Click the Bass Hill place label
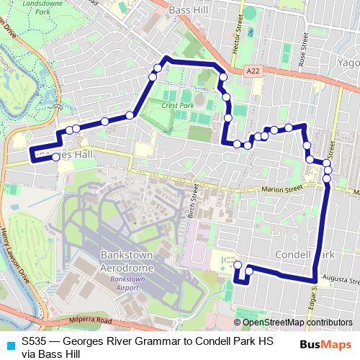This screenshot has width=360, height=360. point(189,11)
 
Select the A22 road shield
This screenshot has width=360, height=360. point(251,71)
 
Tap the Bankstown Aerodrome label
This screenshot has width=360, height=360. point(127,261)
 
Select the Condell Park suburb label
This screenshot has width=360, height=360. point(306,255)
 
